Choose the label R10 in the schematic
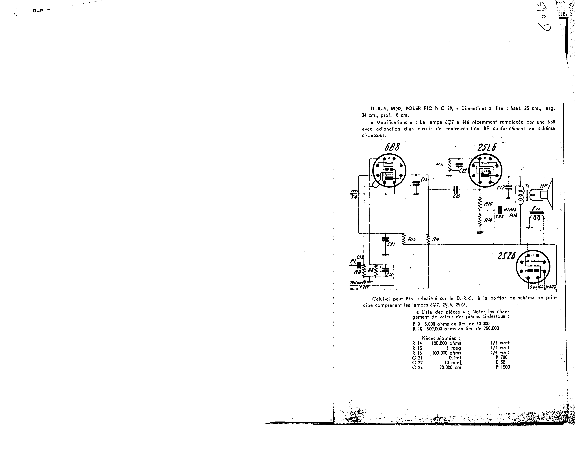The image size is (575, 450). pyautogui.click(x=489, y=204)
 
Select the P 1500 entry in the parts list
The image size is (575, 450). pyautogui.click(x=503, y=367)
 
